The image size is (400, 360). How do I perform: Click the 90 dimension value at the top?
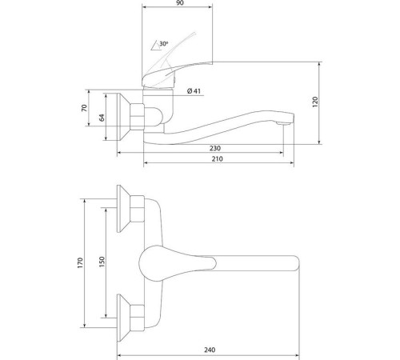[x=180, y=3]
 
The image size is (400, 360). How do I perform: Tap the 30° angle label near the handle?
[x=164, y=43]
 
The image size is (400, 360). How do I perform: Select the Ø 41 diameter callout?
[x=194, y=91]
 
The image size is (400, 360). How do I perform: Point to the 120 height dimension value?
[x=315, y=102]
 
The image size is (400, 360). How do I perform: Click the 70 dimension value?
[x=84, y=108]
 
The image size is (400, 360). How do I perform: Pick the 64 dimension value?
[x=102, y=118]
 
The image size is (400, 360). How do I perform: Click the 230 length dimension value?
[x=215, y=148]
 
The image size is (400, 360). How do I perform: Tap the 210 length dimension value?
[x=218, y=159]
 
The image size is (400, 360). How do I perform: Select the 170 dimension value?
[x=80, y=263]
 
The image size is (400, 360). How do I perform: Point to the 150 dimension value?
[x=102, y=262]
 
